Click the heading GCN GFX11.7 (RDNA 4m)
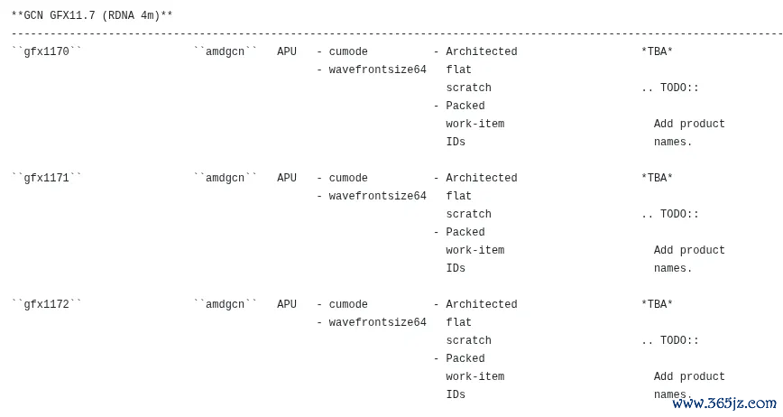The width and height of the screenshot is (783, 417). point(92,15)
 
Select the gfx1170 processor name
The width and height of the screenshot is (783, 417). point(46,51)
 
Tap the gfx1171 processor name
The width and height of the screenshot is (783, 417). point(46,178)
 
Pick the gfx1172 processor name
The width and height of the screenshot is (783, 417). point(46,304)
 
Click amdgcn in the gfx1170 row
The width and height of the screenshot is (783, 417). point(226,51)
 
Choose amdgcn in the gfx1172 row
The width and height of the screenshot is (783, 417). point(226,304)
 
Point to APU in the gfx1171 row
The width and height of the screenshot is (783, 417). point(287,178)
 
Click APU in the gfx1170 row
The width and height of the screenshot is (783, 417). point(287,51)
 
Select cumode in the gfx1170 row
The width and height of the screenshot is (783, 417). point(348,51)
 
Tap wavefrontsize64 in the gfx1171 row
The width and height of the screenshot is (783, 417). point(377,196)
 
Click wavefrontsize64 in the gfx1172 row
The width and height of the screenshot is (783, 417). point(377,322)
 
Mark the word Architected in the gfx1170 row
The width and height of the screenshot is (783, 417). point(482,51)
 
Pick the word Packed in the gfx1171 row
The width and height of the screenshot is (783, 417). point(465,232)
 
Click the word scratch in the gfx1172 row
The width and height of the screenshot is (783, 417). point(468,340)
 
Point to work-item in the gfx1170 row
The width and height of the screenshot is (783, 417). point(474,124)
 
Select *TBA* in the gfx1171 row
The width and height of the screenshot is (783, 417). point(657,178)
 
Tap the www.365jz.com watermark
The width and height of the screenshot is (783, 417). point(724,403)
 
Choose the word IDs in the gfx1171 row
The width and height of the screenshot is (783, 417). point(456,268)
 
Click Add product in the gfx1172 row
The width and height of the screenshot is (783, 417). point(689,376)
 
